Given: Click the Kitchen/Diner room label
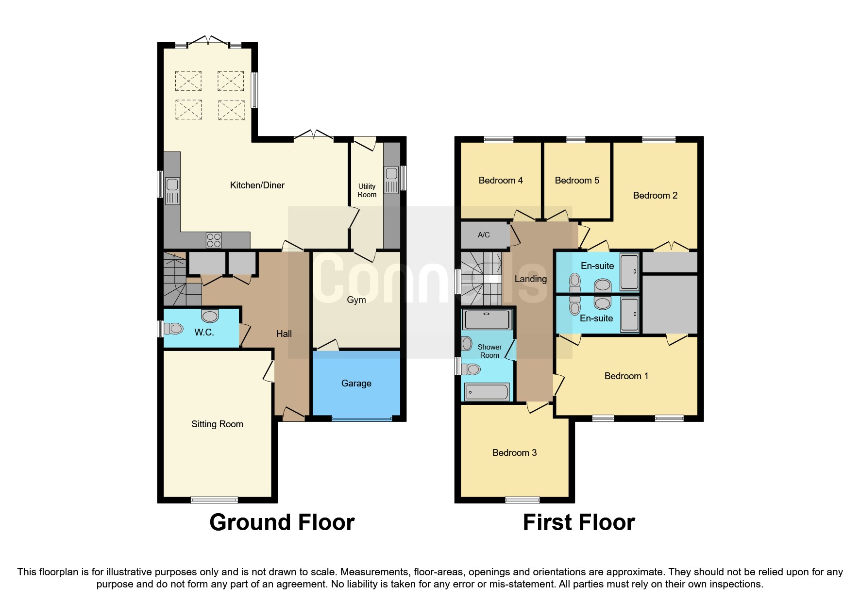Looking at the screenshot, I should [x=257, y=185].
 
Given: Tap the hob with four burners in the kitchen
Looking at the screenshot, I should [x=214, y=240].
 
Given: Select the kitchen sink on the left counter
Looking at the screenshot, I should [x=172, y=190].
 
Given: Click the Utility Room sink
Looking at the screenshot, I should [x=391, y=180].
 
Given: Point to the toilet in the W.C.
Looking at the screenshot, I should [x=173, y=329].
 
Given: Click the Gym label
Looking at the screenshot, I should [x=356, y=300].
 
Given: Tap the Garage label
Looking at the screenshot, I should [x=356, y=383].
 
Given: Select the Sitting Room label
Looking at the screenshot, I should [x=217, y=424].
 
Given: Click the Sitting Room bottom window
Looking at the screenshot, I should [x=214, y=500].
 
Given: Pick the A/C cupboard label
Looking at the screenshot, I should [x=484, y=234].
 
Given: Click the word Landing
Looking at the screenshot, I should [x=530, y=279].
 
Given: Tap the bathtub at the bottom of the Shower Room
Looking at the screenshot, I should [x=487, y=392].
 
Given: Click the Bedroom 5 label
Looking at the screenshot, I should [x=577, y=180].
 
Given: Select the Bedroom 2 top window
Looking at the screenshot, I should [x=658, y=140].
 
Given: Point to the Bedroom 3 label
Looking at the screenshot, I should [x=514, y=452].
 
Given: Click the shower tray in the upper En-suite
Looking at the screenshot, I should [x=630, y=271].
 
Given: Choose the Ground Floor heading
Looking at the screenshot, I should [x=282, y=522].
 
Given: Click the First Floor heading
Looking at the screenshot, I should [x=579, y=522].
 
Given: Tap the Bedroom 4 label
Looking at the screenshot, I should [x=500, y=180].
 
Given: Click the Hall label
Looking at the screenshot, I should [x=284, y=334].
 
